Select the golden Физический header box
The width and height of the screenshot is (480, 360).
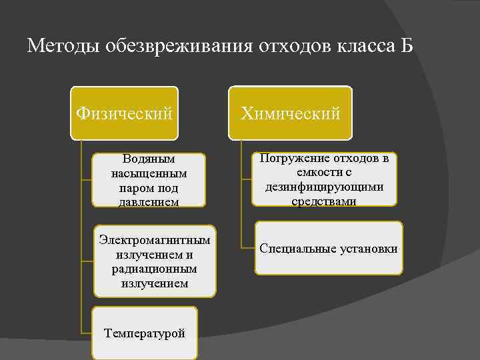[125, 113]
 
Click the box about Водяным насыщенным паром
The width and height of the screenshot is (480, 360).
[149, 180]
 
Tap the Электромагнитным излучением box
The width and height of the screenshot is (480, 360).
[155, 261]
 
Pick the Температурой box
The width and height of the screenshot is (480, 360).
[145, 333]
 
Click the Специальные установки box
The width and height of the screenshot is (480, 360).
[329, 249]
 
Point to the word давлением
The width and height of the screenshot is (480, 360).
[149, 201]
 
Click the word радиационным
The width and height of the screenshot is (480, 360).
[155, 269]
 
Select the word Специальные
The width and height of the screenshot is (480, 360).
[294, 249]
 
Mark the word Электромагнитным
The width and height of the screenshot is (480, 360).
[155, 239]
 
